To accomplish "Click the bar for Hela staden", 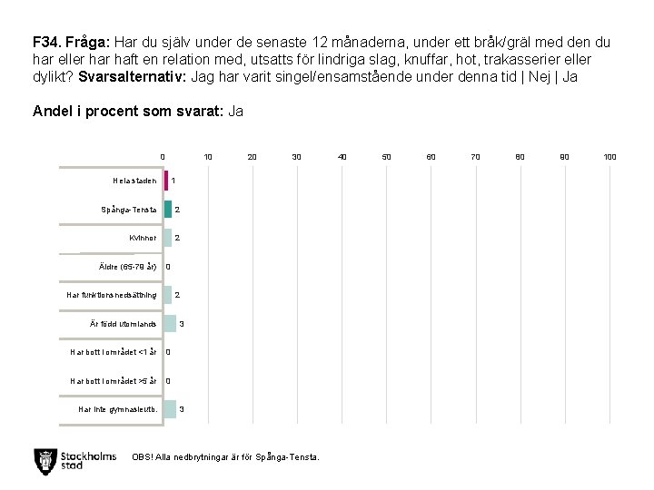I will [166, 181].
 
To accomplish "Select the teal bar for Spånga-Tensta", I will [168, 210].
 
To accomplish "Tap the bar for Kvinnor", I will [168, 238].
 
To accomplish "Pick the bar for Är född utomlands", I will [170, 324].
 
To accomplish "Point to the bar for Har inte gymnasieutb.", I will [170, 409].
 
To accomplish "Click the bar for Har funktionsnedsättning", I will [168, 295].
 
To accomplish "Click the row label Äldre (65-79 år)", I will [127, 267].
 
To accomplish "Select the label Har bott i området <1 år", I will [114, 352].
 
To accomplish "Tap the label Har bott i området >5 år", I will [114, 381].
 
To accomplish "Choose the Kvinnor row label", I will [143, 238].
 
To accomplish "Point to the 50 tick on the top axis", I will [386, 157].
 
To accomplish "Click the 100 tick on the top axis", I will [609, 157].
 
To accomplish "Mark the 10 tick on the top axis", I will [208, 157].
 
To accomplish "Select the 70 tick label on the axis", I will [475, 157].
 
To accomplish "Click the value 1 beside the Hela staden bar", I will [173, 181].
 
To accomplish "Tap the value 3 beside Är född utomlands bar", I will [182, 324].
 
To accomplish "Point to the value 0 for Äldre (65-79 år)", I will [168, 267].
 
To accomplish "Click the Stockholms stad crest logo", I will [44, 459].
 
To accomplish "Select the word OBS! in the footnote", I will [142, 456].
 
